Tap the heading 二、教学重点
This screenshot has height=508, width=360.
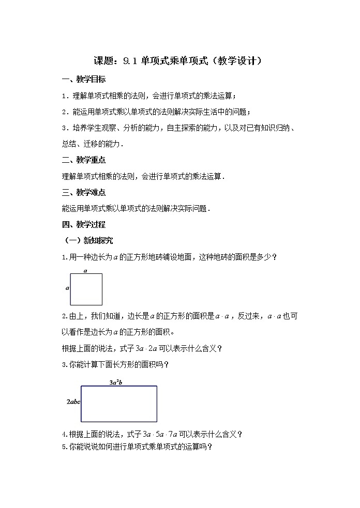[x=83, y=160]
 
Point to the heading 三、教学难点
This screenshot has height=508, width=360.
[x=83, y=192]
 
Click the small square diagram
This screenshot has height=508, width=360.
[x=86, y=289]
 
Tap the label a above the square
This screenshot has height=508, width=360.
[x=85, y=270]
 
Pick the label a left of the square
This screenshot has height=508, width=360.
[x=67, y=288]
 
